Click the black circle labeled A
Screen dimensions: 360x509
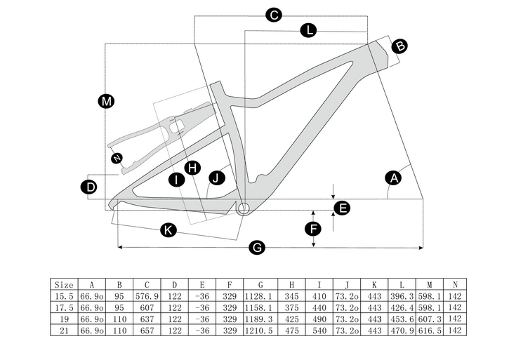click(394, 178)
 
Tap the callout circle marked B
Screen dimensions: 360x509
click(399, 46)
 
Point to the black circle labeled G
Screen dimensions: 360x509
click(258, 247)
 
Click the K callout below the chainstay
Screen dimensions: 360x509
click(168, 229)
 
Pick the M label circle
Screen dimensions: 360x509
click(106, 102)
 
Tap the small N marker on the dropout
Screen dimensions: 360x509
click(117, 157)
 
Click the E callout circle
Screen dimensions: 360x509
click(342, 208)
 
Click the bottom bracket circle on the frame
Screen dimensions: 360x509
click(244, 208)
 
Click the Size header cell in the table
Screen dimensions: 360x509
click(64, 285)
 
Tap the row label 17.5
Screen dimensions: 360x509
click(64, 307)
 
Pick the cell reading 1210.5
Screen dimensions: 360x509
click(260, 330)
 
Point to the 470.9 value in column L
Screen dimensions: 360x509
click(402, 330)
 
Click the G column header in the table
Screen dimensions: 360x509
click(260, 285)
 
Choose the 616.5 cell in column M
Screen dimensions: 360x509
click(429, 330)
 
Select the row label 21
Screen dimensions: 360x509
click(64, 330)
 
